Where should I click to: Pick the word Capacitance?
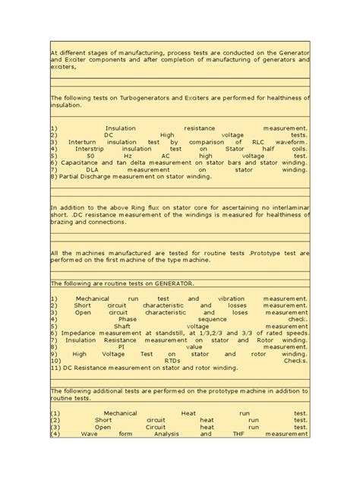click(79, 163)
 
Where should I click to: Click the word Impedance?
click(81, 333)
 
